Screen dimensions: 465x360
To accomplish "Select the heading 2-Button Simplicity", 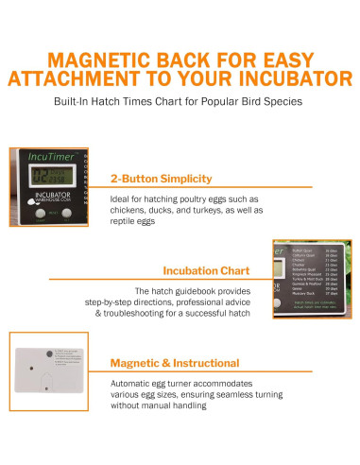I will (x=161, y=178).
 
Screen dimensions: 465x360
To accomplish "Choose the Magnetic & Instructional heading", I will (x=174, y=362).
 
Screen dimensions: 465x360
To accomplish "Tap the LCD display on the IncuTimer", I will (x=48, y=175).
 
